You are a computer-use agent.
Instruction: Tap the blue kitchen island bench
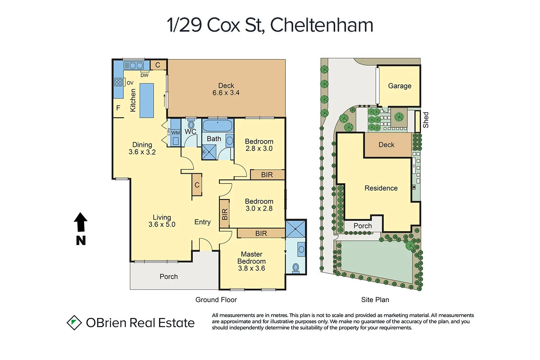[147, 100]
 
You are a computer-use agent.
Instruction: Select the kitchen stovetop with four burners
[118, 82]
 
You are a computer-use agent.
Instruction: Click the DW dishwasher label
[144, 75]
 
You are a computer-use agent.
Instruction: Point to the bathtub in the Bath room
[218, 125]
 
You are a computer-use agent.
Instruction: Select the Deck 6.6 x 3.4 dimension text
[226, 93]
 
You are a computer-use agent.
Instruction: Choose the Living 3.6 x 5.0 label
[162, 221]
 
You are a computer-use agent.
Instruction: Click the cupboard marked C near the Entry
[197, 185]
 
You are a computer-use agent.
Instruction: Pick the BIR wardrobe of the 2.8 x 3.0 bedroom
[267, 175]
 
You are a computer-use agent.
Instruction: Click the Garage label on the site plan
[400, 86]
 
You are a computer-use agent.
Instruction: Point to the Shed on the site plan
[417, 121]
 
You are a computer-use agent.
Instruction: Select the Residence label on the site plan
[381, 188]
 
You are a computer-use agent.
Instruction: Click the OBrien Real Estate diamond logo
[74, 323]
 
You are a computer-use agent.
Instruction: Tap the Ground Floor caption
[216, 300]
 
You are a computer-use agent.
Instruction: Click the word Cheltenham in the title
[321, 25]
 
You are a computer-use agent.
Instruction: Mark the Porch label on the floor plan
[169, 277]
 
